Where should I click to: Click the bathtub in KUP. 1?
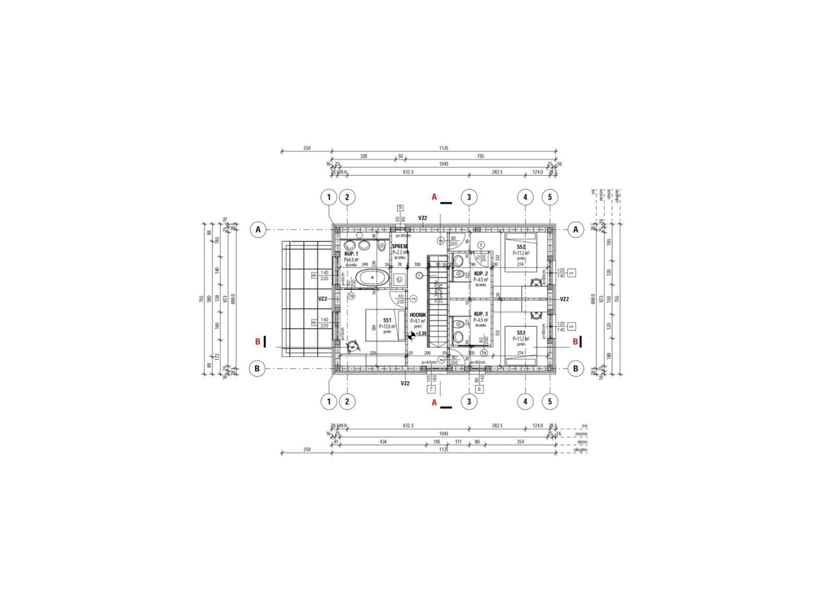373,279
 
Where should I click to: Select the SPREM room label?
399,247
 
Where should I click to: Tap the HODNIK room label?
418,316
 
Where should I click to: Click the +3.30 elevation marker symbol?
412,335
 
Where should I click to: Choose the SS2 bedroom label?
521,247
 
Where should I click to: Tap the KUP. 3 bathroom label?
481,315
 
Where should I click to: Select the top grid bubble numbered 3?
470,198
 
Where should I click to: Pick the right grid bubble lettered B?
576,368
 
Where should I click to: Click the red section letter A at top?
434,198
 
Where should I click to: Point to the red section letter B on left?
258,341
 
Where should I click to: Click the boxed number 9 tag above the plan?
401,207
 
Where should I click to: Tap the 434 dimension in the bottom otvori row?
383,441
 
